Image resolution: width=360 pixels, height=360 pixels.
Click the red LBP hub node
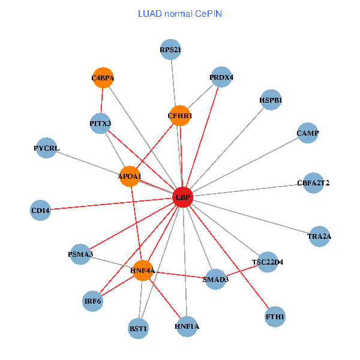click(182, 197)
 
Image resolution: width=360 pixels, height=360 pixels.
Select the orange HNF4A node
click(143, 271)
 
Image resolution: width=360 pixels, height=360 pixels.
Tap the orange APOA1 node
click(130, 176)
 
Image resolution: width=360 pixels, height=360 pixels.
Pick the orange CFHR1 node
click(180, 115)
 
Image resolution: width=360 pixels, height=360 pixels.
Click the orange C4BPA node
click(103, 77)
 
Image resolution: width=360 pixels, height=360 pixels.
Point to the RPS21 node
click(171, 50)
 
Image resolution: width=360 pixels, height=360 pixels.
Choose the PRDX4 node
click(222, 77)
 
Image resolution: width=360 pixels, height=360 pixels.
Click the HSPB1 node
click(271, 100)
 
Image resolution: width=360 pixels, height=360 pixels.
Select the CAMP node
click(308, 133)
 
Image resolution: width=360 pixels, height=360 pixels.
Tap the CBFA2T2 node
click(313, 182)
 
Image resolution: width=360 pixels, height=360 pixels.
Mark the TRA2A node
click(319, 236)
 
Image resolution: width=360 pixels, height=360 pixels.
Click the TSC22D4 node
click(268, 262)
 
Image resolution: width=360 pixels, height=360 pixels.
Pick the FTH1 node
click(275, 316)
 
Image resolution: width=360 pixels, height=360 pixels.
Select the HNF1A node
click(187, 326)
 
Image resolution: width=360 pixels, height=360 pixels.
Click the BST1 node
click(139, 328)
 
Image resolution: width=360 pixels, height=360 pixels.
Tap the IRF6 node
click(92, 301)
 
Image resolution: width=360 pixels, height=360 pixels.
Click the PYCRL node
click(47, 148)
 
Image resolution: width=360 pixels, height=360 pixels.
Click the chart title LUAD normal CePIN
click(180, 13)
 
